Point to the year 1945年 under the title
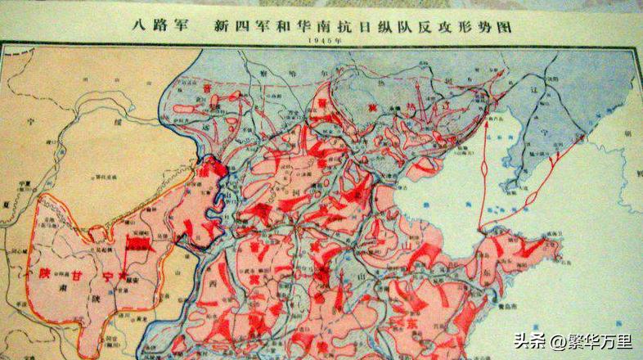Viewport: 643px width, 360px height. (x=321, y=40)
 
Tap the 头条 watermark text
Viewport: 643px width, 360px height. (x=528, y=338)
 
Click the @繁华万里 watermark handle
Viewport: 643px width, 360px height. (x=586, y=338)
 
